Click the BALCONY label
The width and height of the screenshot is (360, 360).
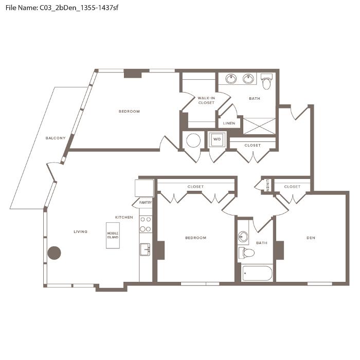pos(56,138)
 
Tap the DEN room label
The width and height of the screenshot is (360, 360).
pos(311,238)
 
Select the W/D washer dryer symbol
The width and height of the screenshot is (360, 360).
pos(217,139)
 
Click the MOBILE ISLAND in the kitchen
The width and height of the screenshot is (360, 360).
pos(113,236)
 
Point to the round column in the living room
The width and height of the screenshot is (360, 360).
pos(54,253)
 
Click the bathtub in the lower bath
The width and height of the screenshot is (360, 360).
pos(257,273)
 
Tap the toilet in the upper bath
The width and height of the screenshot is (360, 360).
pos(266,82)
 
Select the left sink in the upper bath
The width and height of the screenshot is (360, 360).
pos(231,79)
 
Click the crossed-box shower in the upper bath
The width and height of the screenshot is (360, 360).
pos(259,126)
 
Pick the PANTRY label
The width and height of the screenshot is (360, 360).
pos(146,203)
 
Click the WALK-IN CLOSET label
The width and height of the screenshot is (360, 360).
pos(206,100)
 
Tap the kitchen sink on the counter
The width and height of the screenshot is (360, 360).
pos(145,249)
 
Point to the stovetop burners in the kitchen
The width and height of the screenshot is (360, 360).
pos(146,224)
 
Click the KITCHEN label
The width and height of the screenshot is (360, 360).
pos(124,217)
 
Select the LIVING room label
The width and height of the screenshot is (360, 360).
pos(81,231)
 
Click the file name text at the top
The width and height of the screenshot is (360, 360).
pos(62,8)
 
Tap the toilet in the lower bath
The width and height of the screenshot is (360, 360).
pos(246,253)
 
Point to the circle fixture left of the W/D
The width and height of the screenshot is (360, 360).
pos(193,140)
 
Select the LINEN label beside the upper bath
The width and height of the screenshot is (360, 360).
pos(229,123)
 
